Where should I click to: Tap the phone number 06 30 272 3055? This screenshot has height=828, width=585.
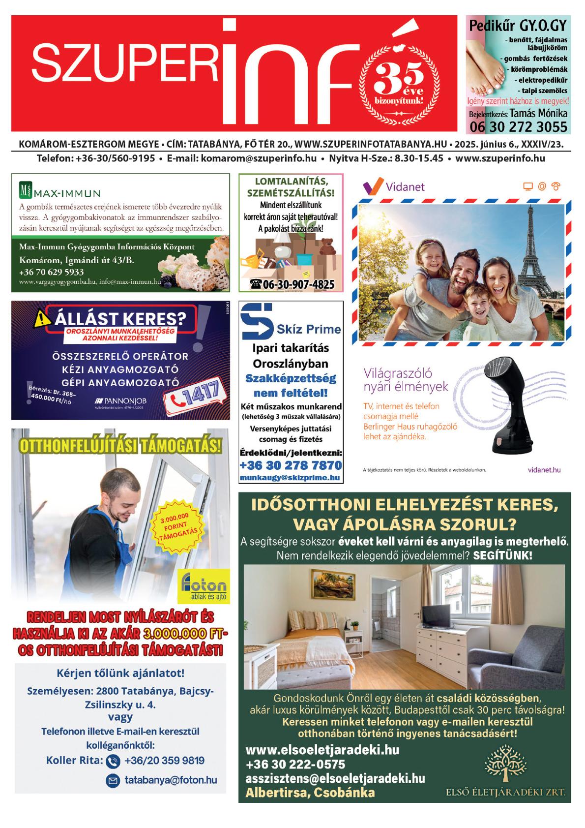[518, 127]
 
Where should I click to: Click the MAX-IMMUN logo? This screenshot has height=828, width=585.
[59, 190]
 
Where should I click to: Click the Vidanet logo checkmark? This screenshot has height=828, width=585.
[372, 186]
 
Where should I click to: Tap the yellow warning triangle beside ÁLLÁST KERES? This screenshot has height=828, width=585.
[43, 320]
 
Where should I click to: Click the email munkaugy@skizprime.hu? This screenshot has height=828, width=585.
[290, 478]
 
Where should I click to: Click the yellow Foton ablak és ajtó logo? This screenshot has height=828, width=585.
[204, 587]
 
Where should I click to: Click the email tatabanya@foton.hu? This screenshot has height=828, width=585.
[170, 780]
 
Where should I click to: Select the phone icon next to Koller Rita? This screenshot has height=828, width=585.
[113, 761]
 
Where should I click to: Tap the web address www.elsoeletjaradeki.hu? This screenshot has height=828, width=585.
[322, 750]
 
